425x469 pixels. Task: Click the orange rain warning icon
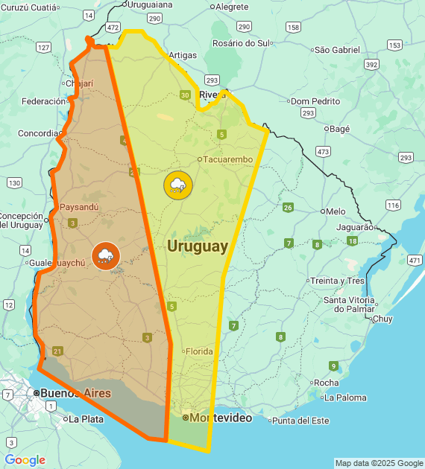105,256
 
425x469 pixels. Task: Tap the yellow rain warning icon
177,185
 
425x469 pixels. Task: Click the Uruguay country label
198,246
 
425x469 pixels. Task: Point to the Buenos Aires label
75,393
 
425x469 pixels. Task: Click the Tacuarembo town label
228,159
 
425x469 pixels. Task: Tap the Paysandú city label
78,206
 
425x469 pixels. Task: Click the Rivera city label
212,95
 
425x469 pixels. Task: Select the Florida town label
198,351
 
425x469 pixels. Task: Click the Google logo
25,460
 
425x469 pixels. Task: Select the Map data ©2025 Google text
378,463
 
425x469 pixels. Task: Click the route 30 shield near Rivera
185,95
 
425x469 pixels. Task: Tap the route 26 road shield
288,207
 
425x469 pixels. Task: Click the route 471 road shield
415,261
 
